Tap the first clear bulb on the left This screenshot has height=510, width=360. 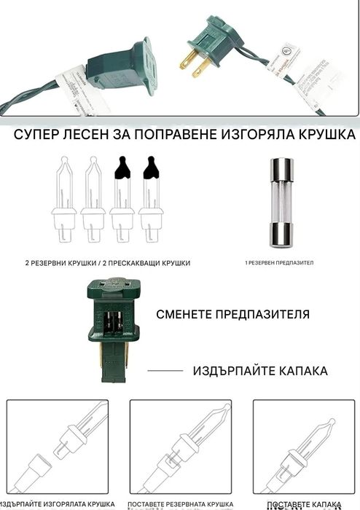63,197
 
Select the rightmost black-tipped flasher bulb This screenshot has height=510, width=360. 151,197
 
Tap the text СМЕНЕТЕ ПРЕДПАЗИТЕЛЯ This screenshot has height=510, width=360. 232,315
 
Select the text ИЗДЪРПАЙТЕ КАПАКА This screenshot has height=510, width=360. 260,371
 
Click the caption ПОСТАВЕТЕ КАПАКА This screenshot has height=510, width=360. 298,505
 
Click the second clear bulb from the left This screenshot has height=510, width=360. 93,197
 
